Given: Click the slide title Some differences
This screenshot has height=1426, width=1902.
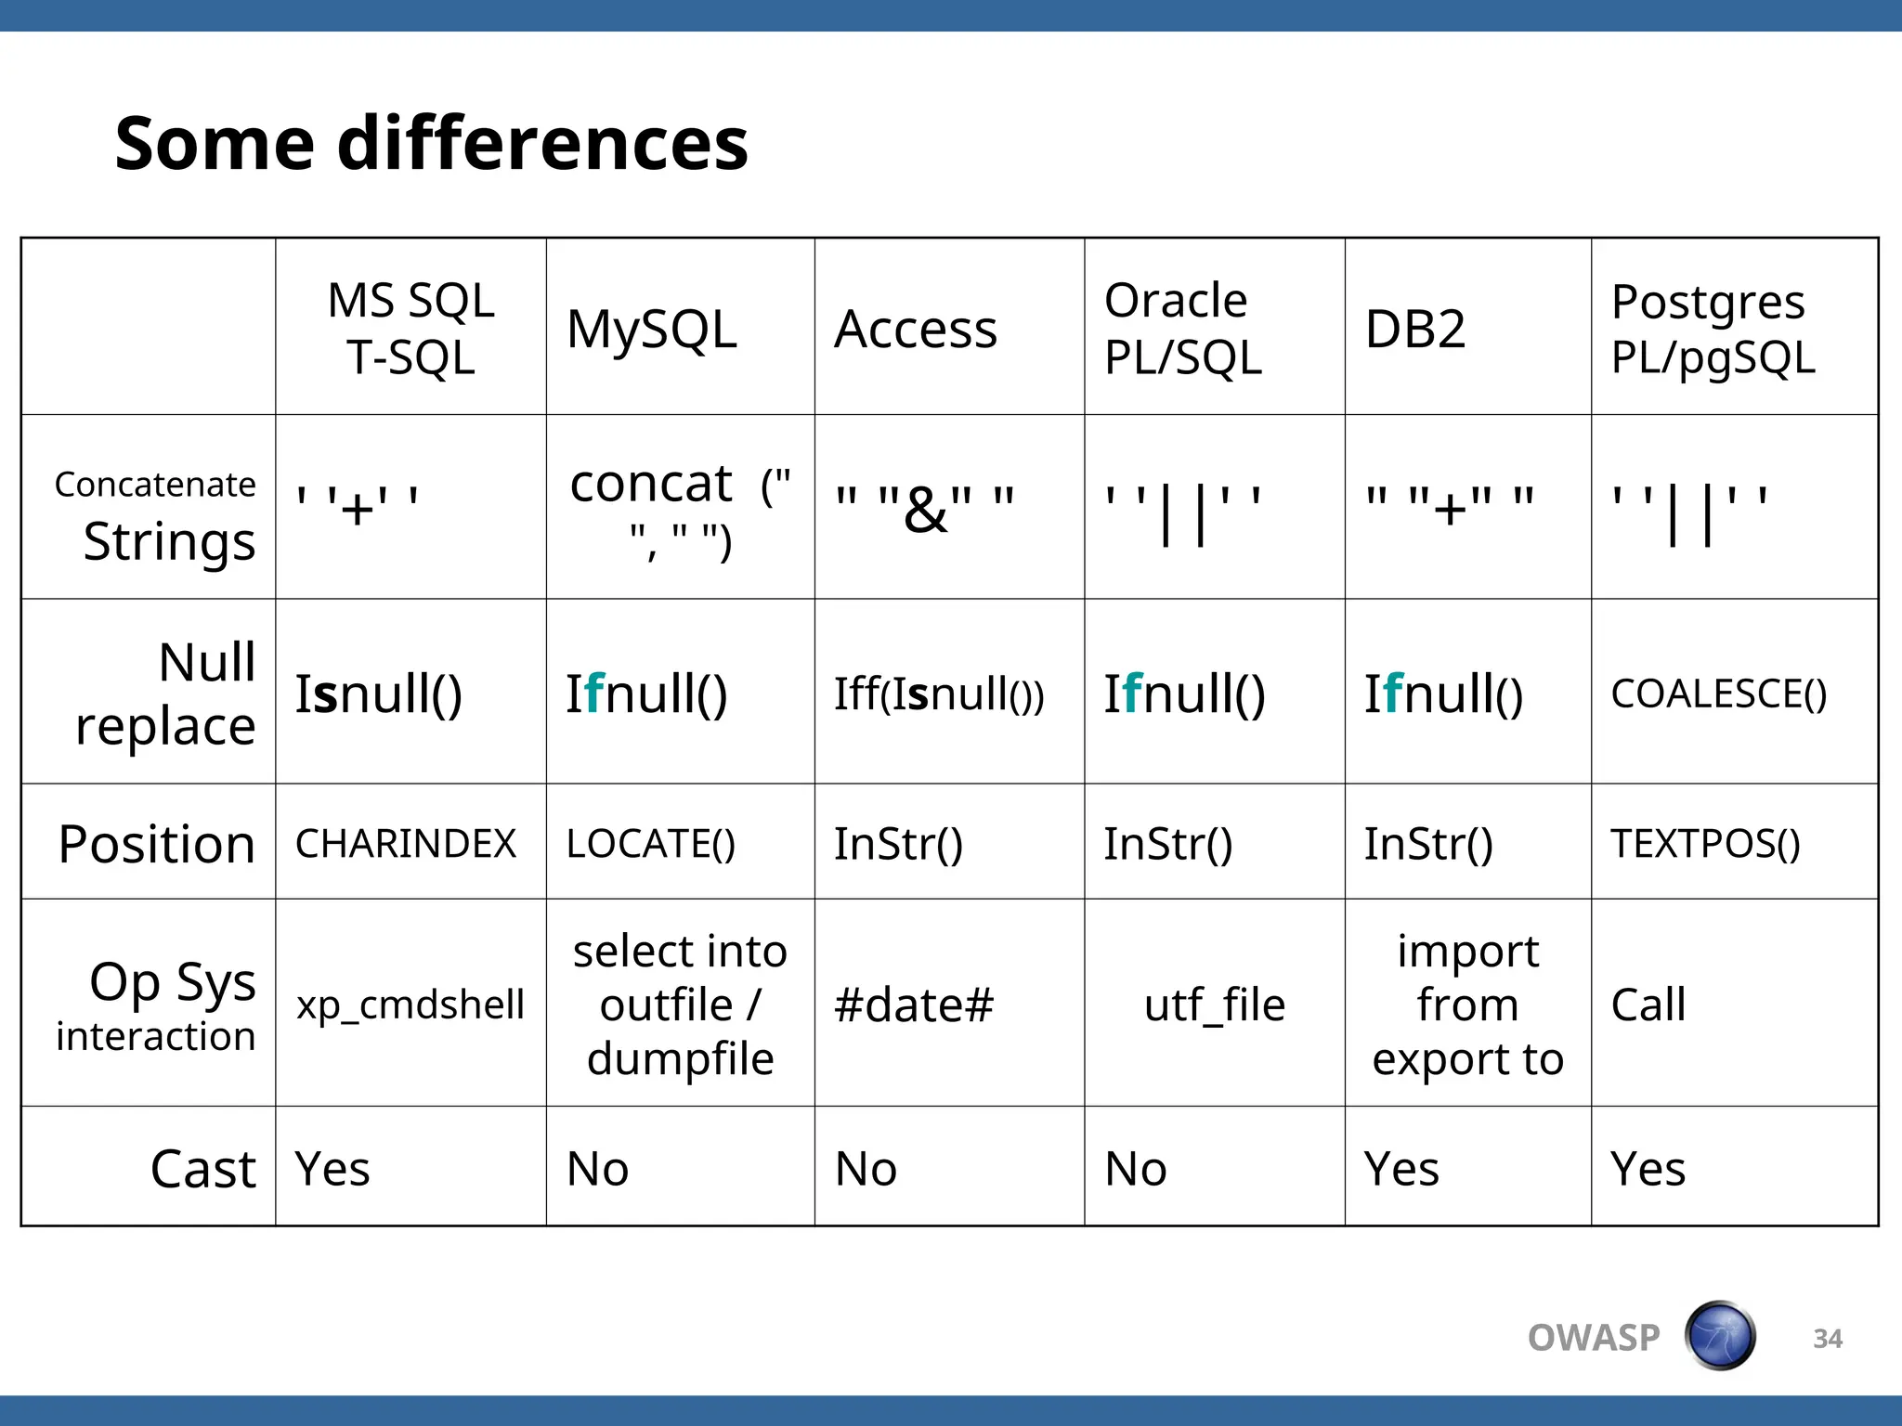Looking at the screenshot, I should click(x=431, y=144).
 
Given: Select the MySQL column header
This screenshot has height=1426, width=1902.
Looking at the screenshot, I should click(x=651, y=329).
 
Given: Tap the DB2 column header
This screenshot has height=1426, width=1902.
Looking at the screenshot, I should click(x=1414, y=329).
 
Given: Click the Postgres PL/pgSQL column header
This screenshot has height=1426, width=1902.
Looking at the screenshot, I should click(x=1712, y=329).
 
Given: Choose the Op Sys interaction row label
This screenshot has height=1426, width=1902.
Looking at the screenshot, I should click(x=156, y=1005).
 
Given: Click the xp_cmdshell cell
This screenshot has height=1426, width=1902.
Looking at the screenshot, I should click(x=410, y=1005).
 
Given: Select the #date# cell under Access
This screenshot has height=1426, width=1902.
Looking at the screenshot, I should click(x=914, y=1005).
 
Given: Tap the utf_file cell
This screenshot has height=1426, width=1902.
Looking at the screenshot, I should click(x=1214, y=1005).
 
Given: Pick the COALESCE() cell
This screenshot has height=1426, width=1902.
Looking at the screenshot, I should click(x=1718, y=694).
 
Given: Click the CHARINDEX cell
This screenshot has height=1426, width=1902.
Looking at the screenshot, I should click(x=405, y=843).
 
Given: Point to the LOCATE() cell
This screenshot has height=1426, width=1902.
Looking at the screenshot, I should click(x=650, y=843).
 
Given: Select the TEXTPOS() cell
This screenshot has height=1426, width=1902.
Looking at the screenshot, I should click(x=1705, y=843).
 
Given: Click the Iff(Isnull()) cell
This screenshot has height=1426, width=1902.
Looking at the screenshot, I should click(x=938, y=694).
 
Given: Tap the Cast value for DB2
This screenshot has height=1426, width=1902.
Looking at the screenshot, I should click(x=1400, y=1168).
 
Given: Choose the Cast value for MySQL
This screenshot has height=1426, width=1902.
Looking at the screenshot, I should click(x=597, y=1168).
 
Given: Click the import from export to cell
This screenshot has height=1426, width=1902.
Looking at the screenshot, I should click(x=1467, y=1005).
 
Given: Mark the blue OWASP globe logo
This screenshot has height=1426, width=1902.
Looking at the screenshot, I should click(x=1720, y=1336).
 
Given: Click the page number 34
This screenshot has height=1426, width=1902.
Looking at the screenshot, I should click(x=1827, y=1338).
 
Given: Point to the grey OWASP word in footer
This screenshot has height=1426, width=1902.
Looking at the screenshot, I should click(x=1593, y=1338).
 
